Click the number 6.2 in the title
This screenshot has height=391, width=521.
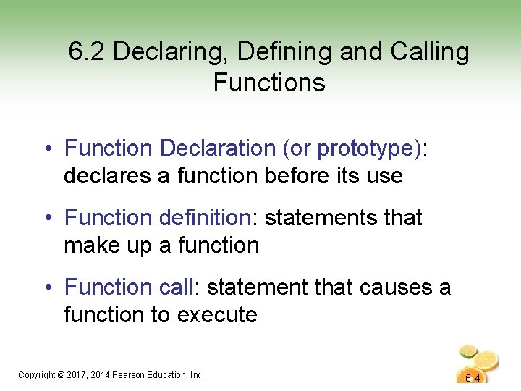click(88, 52)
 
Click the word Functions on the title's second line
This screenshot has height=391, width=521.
click(269, 83)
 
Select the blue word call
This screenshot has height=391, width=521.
click(176, 287)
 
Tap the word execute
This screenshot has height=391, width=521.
click(217, 315)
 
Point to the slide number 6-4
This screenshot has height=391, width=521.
click(473, 379)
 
